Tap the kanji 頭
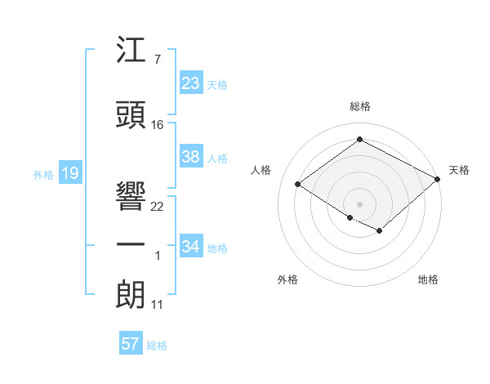(131, 114)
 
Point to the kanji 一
(131, 245)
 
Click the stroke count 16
(158, 125)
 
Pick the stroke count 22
(158, 207)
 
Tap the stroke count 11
(157, 305)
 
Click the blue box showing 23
(190, 83)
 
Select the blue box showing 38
(190, 157)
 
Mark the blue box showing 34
(190, 247)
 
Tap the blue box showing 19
(69, 173)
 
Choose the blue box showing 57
(130, 344)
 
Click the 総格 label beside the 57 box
(157, 346)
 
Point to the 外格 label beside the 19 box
(43, 174)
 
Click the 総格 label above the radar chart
(359, 106)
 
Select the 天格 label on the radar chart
(459, 170)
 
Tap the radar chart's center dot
(359, 203)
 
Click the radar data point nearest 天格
(438, 180)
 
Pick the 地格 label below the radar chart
(428, 279)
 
